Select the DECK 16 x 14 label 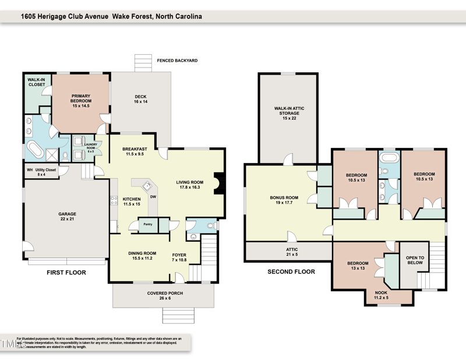(140, 99)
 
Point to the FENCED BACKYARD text (178, 61)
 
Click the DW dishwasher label (152, 197)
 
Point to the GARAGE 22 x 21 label (67, 217)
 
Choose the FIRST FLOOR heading (66, 272)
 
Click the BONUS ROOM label (284, 200)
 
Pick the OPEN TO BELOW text (415, 260)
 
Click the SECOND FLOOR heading (291, 271)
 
